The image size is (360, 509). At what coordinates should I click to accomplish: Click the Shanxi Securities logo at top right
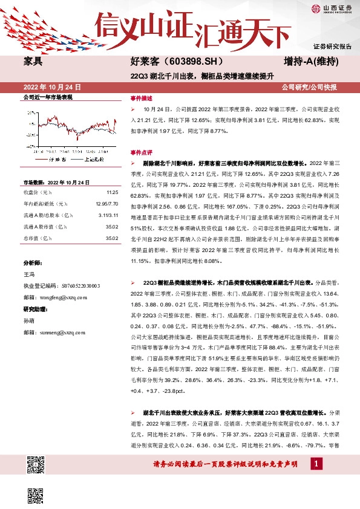(332, 9)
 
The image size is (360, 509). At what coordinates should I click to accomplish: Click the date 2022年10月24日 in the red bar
(51, 87)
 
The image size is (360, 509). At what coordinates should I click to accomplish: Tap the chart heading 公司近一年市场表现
(48, 97)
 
